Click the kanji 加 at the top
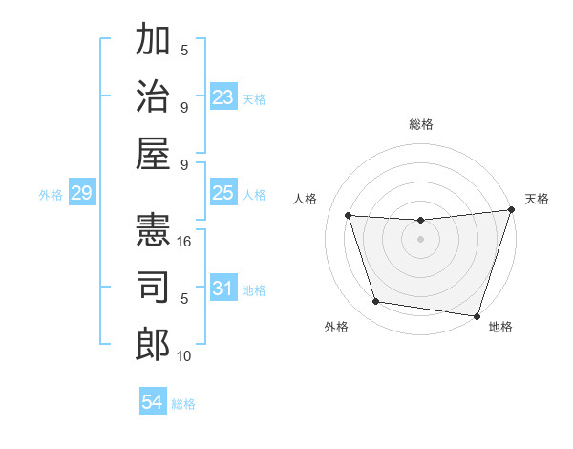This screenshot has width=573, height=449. click(x=153, y=42)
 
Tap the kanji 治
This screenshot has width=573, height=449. click(x=153, y=96)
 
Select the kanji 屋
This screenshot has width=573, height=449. click(x=153, y=151)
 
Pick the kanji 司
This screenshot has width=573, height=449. click(x=153, y=288)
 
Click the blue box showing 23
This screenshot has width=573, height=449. click(x=223, y=97)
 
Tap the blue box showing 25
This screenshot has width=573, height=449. click(x=223, y=193)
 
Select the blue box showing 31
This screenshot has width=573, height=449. click(x=223, y=289)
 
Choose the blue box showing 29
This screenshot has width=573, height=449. click(x=81, y=194)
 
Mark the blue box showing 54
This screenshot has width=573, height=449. click(x=152, y=402)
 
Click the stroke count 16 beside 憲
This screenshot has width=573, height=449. click(x=185, y=242)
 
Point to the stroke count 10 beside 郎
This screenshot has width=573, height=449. click(x=185, y=356)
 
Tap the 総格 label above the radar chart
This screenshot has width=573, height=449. click(x=421, y=124)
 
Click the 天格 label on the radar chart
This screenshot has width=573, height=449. click(x=537, y=199)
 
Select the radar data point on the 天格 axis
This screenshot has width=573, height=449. click(x=511, y=210)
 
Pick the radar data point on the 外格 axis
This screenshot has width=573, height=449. click(x=375, y=302)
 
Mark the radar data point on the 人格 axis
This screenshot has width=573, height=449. click(x=349, y=216)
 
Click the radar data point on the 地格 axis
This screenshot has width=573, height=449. click(x=477, y=315)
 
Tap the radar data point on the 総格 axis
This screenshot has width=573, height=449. click(x=420, y=221)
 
